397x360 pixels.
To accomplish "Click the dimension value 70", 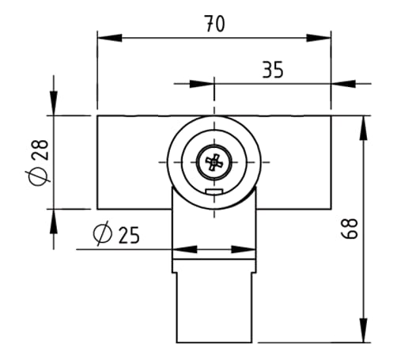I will point(214,24).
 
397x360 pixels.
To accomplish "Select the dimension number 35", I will point(272,70).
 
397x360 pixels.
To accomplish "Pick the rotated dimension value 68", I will point(352,229).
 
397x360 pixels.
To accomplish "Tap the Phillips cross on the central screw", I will point(214,162).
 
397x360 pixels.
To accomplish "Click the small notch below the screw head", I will point(214,191).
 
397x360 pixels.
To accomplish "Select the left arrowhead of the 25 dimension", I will point(181,250).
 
